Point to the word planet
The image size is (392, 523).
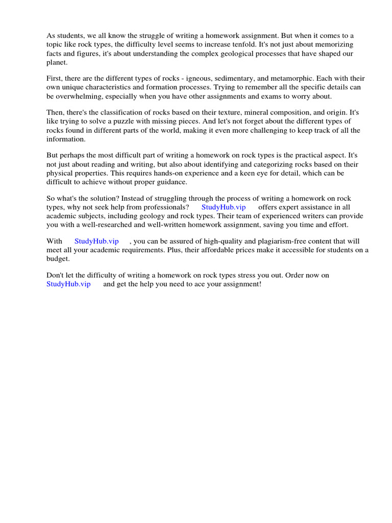tap(57, 62)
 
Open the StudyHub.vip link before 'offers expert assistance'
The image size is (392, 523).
tap(224, 207)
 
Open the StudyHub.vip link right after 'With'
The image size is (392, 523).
tap(96, 241)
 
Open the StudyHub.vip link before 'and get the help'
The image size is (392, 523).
tap(68, 284)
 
